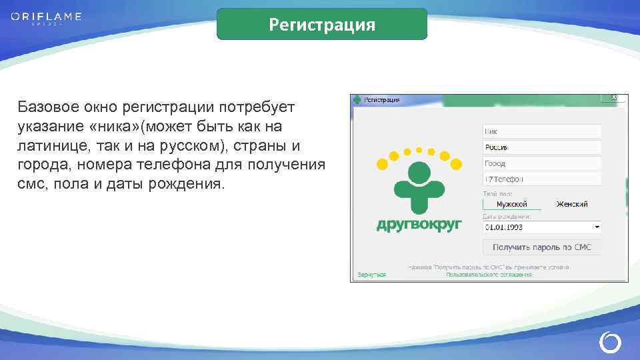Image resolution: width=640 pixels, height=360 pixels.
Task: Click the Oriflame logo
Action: tap(46, 17)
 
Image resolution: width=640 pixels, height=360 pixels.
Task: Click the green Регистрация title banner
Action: tap(322, 25)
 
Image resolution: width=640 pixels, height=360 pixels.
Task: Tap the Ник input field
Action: tap(541, 132)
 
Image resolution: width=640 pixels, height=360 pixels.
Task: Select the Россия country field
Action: tap(541, 147)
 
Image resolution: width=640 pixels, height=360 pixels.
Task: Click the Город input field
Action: tap(541, 163)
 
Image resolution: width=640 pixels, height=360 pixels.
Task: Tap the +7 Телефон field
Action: tap(541, 179)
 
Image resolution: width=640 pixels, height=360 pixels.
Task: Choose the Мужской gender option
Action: tap(512, 204)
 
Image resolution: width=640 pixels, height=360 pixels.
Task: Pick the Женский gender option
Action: tap(571, 204)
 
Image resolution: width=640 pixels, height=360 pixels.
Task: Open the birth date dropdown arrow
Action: tap(597, 227)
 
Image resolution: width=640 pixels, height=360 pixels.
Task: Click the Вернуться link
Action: tap(371, 274)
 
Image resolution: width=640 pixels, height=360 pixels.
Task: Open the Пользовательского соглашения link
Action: tap(489, 274)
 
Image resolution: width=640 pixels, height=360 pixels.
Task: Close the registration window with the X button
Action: tap(614, 98)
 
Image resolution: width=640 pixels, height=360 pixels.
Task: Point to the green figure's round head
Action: tap(419, 173)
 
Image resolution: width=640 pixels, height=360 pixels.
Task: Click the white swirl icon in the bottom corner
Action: tap(609, 343)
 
